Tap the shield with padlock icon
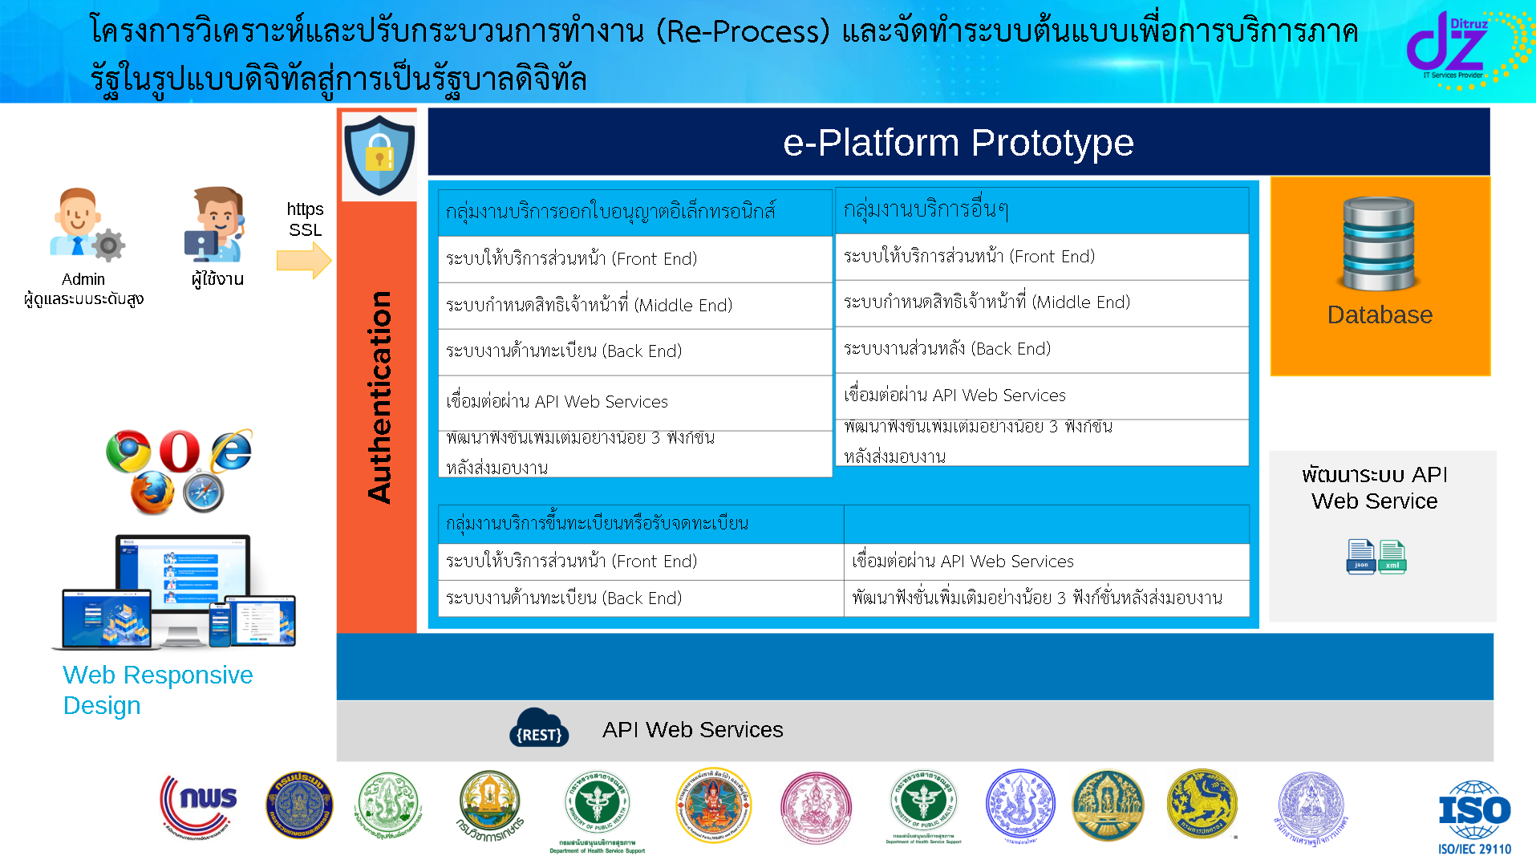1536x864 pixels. (x=379, y=155)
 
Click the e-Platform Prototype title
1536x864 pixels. (x=958, y=143)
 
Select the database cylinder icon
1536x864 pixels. (x=1379, y=244)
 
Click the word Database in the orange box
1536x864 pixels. (x=1380, y=315)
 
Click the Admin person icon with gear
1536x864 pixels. (x=84, y=225)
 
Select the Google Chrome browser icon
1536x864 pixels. (x=128, y=451)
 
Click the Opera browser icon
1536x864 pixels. (x=180, y=451)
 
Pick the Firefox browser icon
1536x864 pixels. (x=152, y=492)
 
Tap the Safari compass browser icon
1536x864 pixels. (x=203, y=493)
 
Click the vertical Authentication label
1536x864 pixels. (x=379, y=397)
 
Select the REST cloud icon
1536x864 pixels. (x=539, y=728)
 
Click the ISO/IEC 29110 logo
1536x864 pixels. (x=1474, y=817)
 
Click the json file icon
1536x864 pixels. (x=1360, y=556)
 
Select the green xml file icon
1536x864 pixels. (x=1392, y=556)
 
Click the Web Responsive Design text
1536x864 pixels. (x=157, y=690)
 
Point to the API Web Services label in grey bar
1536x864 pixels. (x=692, y=730)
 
